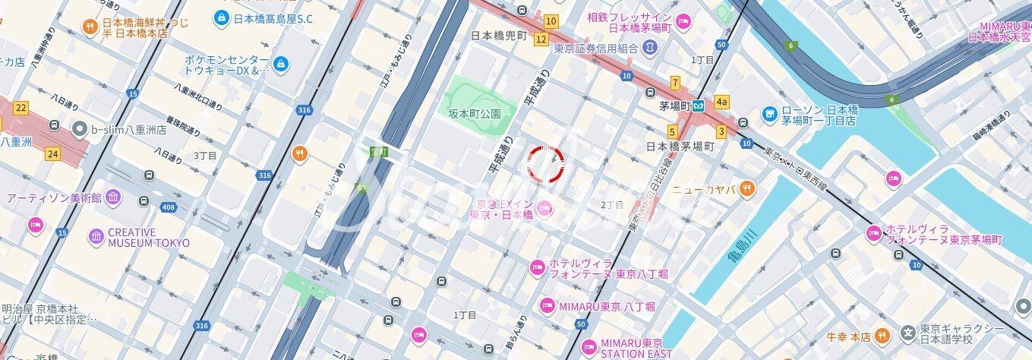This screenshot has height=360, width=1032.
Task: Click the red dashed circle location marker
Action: pos(546,164)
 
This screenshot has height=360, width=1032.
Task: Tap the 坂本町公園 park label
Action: pos(475,113)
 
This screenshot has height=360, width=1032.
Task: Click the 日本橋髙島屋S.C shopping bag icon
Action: pos(221,16)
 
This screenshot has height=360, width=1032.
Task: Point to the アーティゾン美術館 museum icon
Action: pos(113,197)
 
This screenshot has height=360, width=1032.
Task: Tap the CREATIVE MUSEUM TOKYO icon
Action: pos(96,237)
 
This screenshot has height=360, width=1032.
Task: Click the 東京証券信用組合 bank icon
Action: pos(650,48)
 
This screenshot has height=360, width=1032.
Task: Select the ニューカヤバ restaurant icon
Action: pos(747,188)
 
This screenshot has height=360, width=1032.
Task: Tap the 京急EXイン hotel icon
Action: pos(544,207)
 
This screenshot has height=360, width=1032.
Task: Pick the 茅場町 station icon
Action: pos(699,104)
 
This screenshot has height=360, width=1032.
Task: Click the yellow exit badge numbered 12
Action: pos(541,39)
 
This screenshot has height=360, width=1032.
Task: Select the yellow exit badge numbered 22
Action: pos(21,108)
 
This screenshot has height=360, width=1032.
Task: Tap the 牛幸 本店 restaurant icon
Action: pos(882,335)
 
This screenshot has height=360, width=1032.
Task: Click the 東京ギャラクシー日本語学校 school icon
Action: pos(907,333)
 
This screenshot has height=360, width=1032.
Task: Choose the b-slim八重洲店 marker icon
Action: pos(79,129)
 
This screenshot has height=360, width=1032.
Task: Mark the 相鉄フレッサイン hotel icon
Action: pos(683,21)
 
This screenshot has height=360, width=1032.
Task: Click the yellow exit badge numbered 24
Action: pos(52,154)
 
